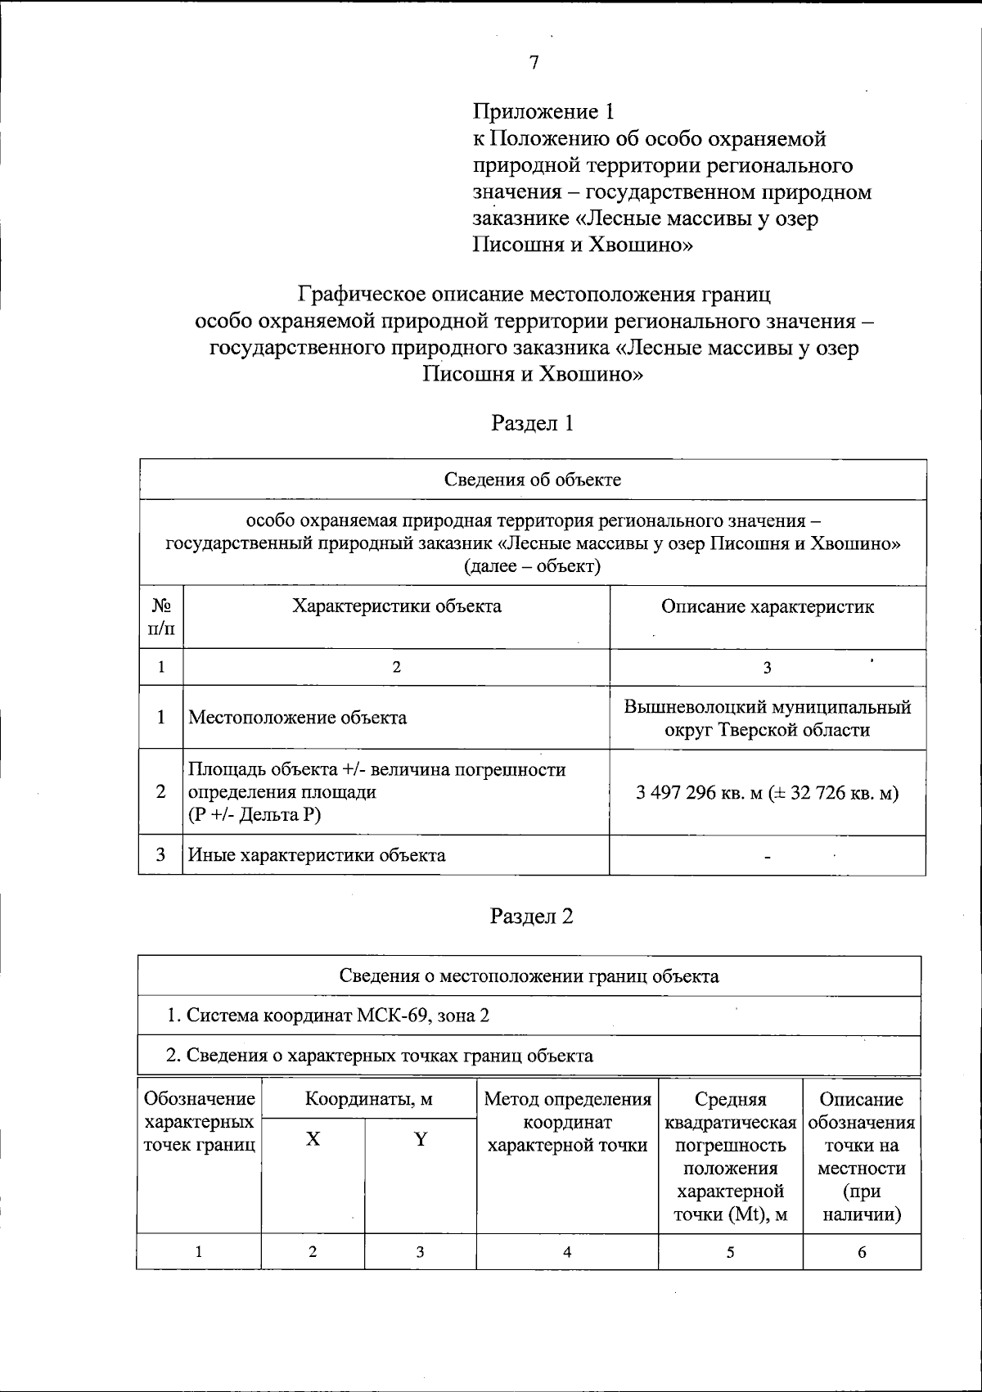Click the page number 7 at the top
pos(534,63)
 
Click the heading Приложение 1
pos(543,111)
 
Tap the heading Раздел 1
pos(532,422)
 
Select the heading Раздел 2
pos(532,916)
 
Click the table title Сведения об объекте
pos(533,480)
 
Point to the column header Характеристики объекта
pos(397,606)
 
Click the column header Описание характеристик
pos(767,606)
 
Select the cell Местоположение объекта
pos(298,718)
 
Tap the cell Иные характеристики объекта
pos(318,855)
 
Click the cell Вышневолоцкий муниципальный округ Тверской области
pos(767,718)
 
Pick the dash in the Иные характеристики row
pos(767,857)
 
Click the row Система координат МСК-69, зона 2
pos(328,1016)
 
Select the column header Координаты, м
pos(369,1099)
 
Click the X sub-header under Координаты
pos(313,1138)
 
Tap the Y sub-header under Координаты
pos(421,1138)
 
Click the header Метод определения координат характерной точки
pos(567,1122)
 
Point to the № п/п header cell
pos(161,617)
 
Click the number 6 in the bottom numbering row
pos(862,1251)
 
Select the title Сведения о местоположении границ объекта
pos(529,975)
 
